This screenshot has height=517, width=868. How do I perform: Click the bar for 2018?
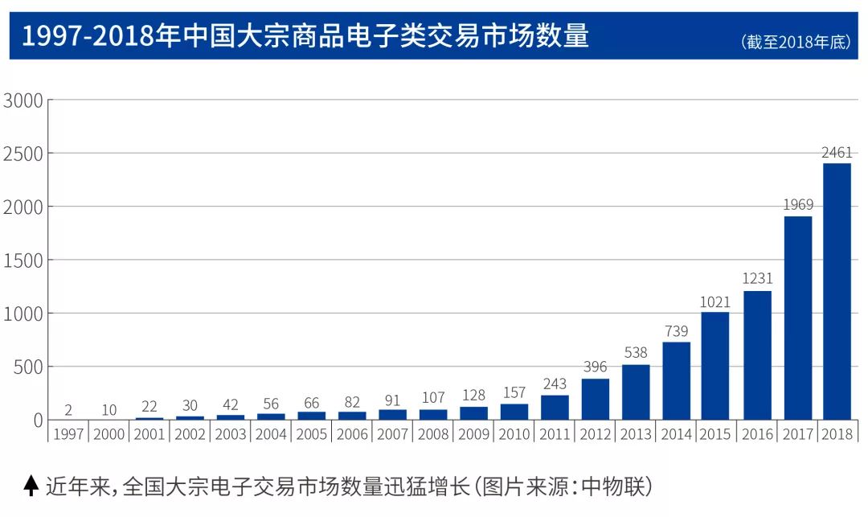click(837, 291)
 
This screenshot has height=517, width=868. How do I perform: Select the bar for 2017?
click(797, 318)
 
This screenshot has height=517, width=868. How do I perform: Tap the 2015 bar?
click(715, 366)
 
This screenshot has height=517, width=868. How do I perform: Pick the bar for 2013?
click(636, 392)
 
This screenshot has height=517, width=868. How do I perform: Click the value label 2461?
click(837, 153)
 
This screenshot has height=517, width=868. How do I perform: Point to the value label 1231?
click(756, 279)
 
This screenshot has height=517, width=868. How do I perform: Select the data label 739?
click(676, 331)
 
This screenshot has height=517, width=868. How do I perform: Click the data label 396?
click(596, 367)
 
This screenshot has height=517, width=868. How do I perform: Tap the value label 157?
click(514, 393)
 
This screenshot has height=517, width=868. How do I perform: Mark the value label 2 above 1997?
click(68, 410)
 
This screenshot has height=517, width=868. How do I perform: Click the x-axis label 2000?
click(108, 435)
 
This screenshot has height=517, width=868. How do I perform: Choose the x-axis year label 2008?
click(432, 435)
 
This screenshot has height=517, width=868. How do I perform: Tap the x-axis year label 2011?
click(555, 435)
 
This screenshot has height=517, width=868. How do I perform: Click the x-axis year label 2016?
click(756, 435)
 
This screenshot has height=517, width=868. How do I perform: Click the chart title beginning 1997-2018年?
click(305, 36)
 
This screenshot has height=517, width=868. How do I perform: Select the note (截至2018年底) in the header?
click(795, 43)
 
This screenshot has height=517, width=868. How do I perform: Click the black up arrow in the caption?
click(31, 485)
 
